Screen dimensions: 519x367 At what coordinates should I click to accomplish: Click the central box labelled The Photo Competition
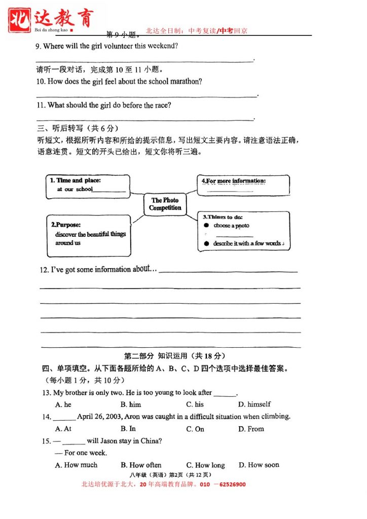(x=165, y=204)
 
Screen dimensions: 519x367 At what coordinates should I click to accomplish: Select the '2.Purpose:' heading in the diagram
(x=66, y=225)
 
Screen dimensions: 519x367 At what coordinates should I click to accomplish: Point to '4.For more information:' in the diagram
(x=234, y=181)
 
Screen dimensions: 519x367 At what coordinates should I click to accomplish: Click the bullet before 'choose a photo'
(x=206, y=226)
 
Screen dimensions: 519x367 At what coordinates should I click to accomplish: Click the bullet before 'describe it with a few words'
(x=206, y=244)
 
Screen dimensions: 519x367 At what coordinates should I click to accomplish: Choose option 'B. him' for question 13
(x=131, y=404)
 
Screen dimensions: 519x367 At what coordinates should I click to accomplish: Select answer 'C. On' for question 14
(x=195, y=429)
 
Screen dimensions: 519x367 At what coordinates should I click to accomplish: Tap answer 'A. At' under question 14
(x=63, y=429)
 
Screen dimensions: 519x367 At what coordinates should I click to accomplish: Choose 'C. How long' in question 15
(x=205, y=465)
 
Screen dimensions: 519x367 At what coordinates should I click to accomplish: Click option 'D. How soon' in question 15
(x=259, y=465)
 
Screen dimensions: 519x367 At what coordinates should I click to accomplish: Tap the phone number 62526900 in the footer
(x=231, y=485)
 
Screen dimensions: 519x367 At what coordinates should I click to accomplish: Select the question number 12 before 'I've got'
(x=44, y=270)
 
